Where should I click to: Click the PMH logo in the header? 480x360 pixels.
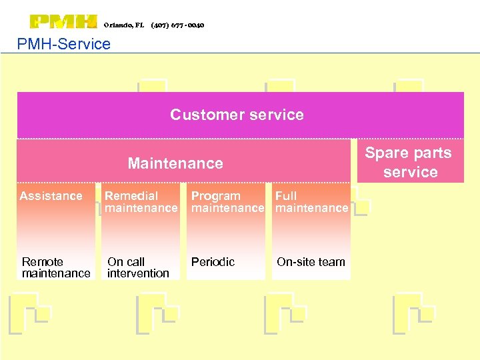(64, 22)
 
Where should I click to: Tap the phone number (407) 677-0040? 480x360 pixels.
(177, 25)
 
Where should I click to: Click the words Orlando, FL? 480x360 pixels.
(124, 25)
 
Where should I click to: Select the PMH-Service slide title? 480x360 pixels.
(64, 44)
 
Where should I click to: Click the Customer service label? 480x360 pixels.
(237, 115)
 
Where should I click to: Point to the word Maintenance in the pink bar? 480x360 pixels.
(175, 163)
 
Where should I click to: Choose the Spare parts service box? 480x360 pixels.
(409, 162)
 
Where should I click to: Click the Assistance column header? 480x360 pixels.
(51, 196)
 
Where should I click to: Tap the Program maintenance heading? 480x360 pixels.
(227, 202)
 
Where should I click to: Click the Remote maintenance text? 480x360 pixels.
(56, 267)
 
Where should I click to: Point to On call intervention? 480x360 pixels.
(138, 267)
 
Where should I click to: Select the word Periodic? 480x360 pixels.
(213, 262)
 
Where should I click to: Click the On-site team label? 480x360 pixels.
(311, 262)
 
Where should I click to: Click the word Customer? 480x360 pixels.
(199, 115)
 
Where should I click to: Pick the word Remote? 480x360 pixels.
(43, 262)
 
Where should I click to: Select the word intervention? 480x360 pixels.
(138, 273)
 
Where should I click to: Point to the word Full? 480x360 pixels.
(287, 196)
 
